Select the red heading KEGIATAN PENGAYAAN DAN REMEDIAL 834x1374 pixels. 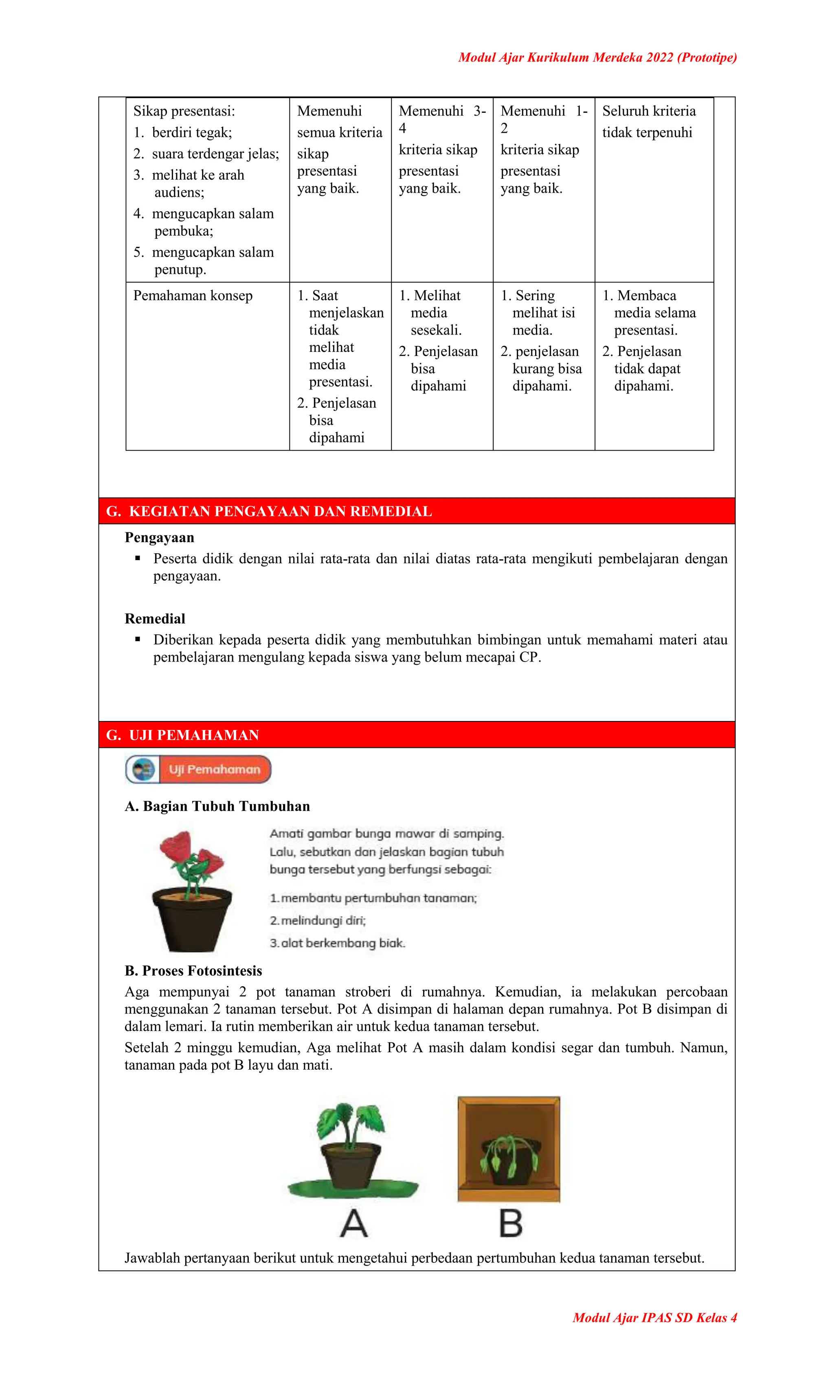[280, 511]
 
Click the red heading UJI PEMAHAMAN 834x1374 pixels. [193, 735]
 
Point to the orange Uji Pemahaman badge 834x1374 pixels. [214, 769]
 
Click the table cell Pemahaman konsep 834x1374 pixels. [193, 296]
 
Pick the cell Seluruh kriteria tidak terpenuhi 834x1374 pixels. [648, 121]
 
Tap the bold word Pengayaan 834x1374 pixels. [160, 538]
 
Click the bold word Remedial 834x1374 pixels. [155, 618]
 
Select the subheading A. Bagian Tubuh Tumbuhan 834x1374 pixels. [217, 806]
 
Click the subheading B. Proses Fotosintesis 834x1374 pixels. [193, 971]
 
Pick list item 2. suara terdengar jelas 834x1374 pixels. [206, 154]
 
